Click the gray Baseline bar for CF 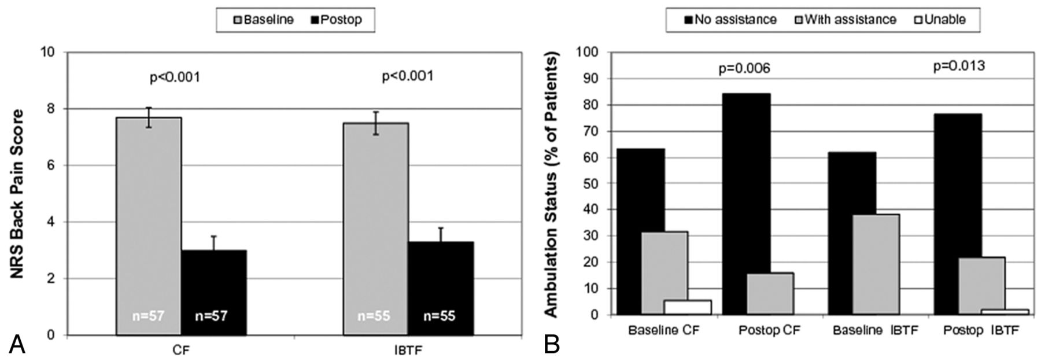pyautogui.click(x=149, y=226)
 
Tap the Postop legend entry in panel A pyautogui.click(x=337, y=20)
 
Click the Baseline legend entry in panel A pyautogui.click(x=264, y=20)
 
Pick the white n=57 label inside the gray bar pyautogui.click(x=147, y=316)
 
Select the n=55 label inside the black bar pyautogui.click(x=439, y=316)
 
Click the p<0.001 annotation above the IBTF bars pyautogui.click(x=408, y=76)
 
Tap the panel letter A pyautogui.click(x=17, y=345)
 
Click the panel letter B pyautogui.click(x=552, y=345)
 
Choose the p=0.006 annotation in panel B pyautogui.click(x=744, y=69)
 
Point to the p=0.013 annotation pyautogui.click(x=959, y=66)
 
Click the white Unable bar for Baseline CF pyautogui.click(x=688, y=307)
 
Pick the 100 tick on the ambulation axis pyautogui.click(x=588, y=53)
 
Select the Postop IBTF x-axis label pyautogui.click(x=980, y=331)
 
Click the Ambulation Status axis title pyautogui.click(x=552, y=184)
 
